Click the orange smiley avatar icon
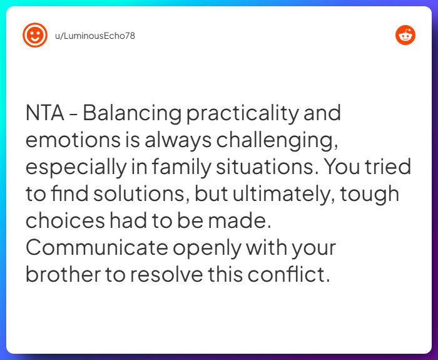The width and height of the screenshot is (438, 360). click(35, 35)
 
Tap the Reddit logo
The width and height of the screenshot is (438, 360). click(405, 35)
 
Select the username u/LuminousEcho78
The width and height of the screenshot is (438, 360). click(95, 36)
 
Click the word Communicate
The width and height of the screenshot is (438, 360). click(96, 248)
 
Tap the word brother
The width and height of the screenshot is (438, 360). click(61, 275)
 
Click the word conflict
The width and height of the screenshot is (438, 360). click(290, 275)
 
